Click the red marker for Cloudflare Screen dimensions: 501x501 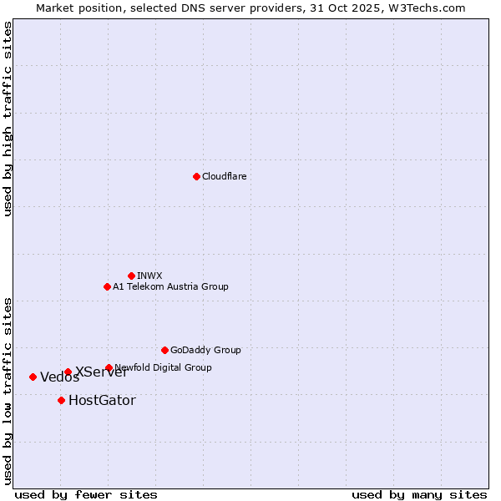point(196,176)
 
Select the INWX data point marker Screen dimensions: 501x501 point(131,276)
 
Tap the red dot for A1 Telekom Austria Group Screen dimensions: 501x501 point(107,286)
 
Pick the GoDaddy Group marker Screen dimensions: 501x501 point(164,350)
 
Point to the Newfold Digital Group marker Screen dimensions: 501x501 point(109,367)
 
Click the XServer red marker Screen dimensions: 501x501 point(68,372)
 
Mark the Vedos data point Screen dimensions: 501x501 point(33,377)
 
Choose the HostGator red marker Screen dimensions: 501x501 point(61,400)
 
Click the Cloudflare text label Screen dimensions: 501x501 point(224,176)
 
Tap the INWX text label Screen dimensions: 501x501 point(149,276)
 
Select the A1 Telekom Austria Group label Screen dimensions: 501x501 point(170,286)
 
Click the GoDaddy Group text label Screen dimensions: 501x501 point(205,350)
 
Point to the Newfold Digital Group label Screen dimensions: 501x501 point(164,367)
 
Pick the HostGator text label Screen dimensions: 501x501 point(102,400)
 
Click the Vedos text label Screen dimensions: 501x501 point(59,377)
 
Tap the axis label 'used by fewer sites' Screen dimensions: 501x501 point(86,494)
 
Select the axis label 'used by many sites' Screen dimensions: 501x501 point(419,494)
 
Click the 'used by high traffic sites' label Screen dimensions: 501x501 point(8,119)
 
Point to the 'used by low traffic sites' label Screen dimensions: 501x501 point(8,390)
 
